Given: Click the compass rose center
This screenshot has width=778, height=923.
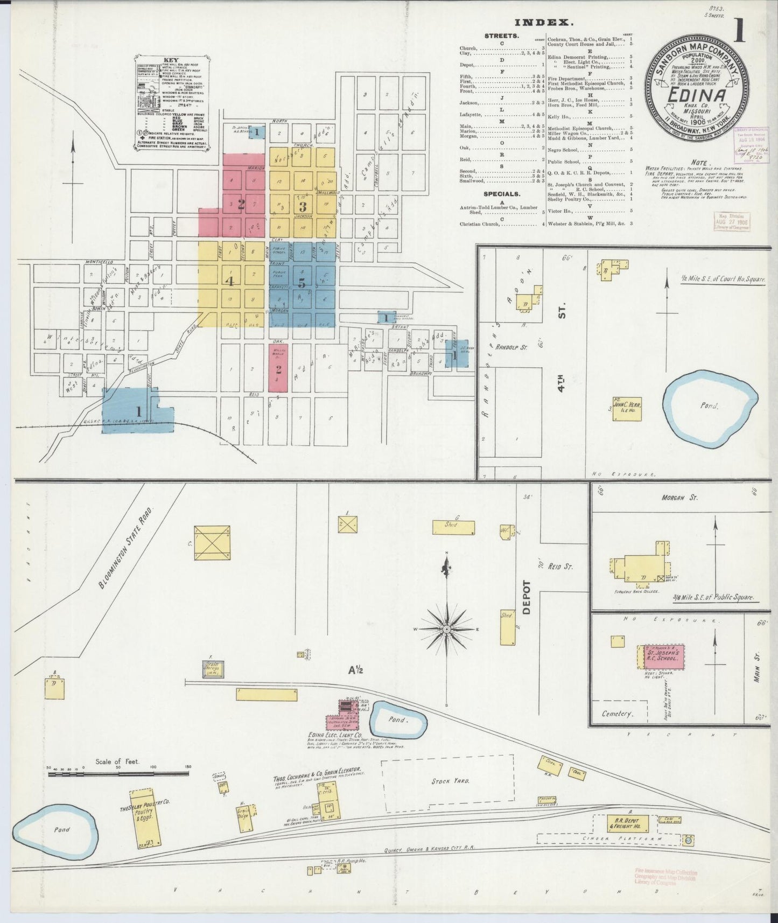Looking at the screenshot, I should tap(446, 628).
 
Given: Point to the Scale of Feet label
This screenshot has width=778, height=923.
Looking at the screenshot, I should tap(117, 761).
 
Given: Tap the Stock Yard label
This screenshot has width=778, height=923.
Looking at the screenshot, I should tap(447, 781).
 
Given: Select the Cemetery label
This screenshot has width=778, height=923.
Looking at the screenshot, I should tap(617, 714).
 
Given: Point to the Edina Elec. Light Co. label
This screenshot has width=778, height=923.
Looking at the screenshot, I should tap(335, 735).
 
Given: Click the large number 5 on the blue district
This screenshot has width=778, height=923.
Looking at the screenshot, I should tap(302, 284).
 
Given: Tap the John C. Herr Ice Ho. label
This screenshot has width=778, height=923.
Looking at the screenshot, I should tap(628, 406).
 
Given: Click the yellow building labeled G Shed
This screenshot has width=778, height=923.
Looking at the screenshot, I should tap(453, 527).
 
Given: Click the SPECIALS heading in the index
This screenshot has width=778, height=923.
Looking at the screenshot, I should tap(501, 193).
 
